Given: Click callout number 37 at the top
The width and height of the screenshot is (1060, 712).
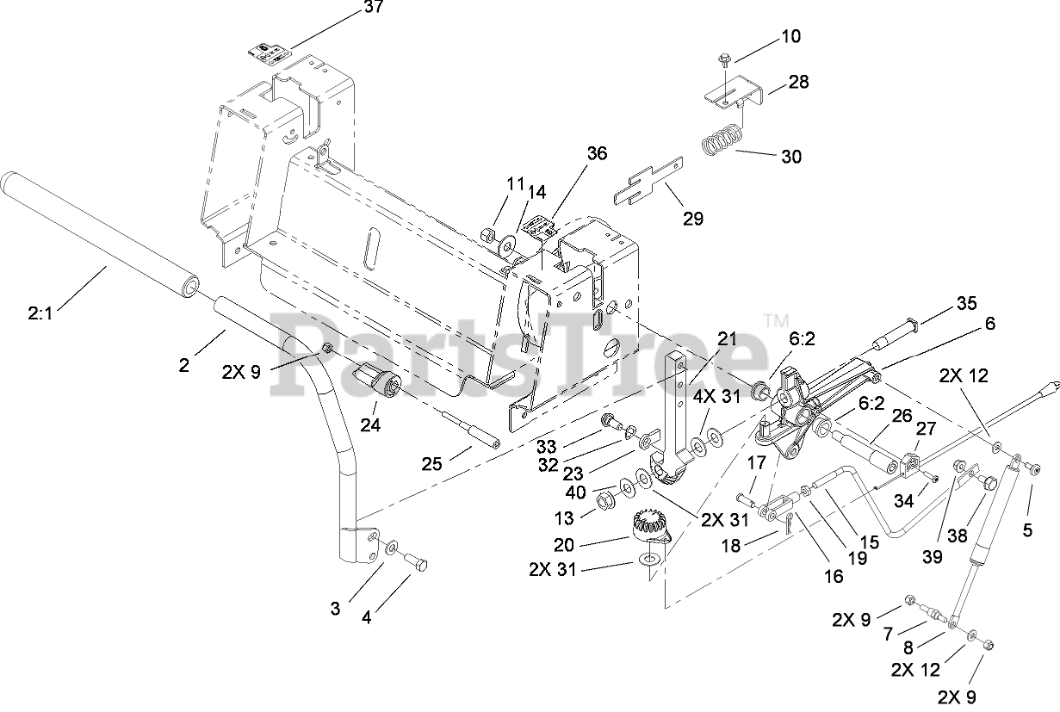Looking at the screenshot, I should click(x=350, y=8).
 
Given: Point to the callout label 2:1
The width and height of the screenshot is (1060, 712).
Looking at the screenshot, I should click(x=40, y=313).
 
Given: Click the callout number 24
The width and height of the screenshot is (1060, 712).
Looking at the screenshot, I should click(x=369, y=424).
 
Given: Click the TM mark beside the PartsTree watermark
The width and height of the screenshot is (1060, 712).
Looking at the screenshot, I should click(x=777, y=320).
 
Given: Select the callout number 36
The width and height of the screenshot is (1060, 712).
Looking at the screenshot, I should click(x=596, y=153).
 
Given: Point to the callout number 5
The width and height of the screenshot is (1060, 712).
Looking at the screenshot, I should click(x=1026, y=530).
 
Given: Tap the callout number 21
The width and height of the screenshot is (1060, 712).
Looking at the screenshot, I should click(x=728, y=339).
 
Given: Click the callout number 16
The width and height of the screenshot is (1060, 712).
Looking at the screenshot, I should click(x=834, y=576).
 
